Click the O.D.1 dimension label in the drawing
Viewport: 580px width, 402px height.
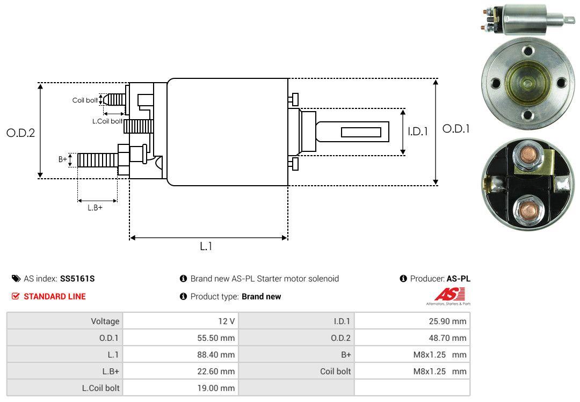pos(456,129)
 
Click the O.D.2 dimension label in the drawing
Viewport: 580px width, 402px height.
pos(20,133)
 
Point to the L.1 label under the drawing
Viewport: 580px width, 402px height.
pos(206,246)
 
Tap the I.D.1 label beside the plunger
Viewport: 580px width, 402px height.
pos(417,130)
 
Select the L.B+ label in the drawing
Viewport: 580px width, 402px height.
pos(95,207)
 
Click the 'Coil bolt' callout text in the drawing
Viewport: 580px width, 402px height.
pos(85,100)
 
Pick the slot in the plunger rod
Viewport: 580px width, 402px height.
pos(361,132)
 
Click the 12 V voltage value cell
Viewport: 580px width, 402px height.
pos(226,321)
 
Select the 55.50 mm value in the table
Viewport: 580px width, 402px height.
pos(216,338)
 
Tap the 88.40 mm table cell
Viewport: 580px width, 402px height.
pos(216,355)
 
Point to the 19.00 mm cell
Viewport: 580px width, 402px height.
pos(216,388)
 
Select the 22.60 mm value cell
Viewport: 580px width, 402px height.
pos(216,371)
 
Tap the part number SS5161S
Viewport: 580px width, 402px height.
pos(77,279)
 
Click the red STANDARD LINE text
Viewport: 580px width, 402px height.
pos(54,296)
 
